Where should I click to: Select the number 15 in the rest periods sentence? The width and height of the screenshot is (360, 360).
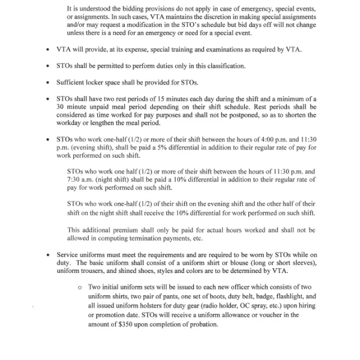pos(163,98)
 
